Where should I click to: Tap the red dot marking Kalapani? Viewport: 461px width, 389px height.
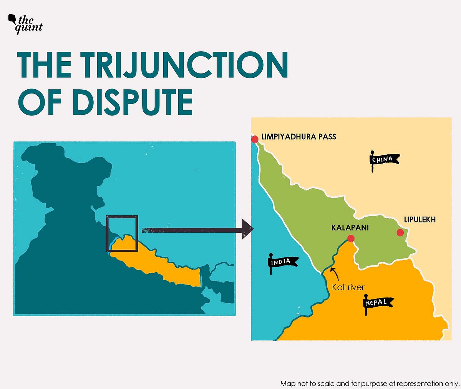(351, 239)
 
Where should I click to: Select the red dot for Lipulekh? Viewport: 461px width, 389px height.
(400, 232)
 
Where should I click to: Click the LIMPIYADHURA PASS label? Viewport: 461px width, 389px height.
(298, 137)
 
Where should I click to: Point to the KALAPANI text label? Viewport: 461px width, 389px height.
(350, 228)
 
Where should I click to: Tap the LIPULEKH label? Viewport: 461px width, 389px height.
(420, 220)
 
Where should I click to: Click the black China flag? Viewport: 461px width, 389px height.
(383, 159)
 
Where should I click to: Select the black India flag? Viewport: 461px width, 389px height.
(282, 262)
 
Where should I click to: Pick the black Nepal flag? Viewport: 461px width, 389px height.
(378, 303)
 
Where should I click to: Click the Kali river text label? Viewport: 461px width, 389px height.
(348, 287)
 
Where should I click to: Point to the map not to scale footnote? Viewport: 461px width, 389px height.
(370, 384)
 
